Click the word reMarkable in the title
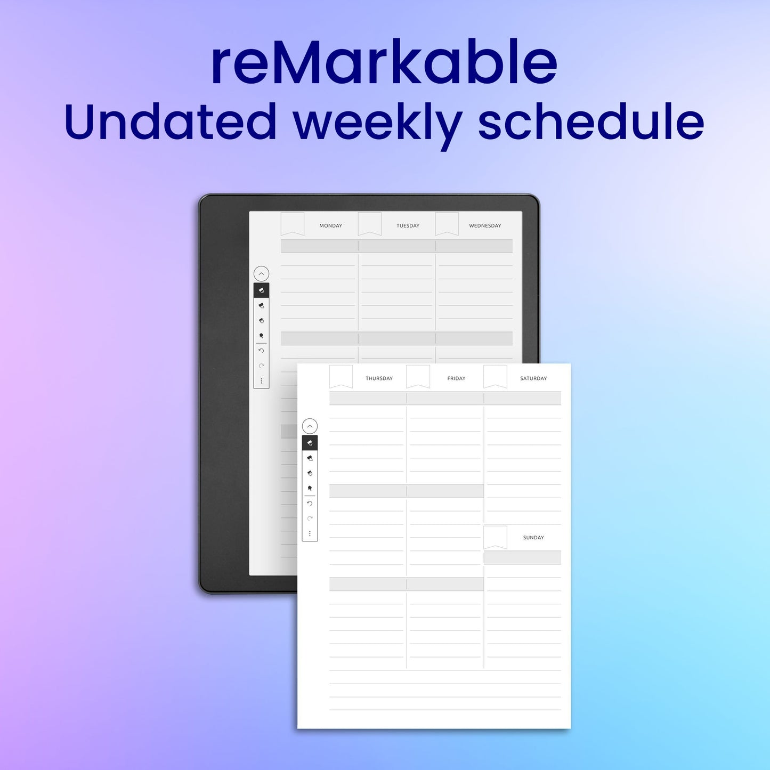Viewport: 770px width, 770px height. point(384,63)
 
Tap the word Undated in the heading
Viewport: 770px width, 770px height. point(170,122)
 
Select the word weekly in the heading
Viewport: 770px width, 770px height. point(378,124)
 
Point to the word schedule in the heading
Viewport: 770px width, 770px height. point(590,122)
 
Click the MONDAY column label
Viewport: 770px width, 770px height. point(330,226)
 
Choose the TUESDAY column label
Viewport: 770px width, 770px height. point(408,226)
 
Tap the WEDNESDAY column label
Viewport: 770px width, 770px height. point(485,226)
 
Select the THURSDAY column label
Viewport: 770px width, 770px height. point(379,378)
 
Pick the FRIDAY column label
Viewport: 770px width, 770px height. point(456,378)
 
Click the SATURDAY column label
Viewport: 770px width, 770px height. point(533,378)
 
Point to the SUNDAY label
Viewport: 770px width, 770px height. point(533,538)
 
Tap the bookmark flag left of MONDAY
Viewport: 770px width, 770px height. point(293,223)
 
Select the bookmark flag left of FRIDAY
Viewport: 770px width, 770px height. point(418,376)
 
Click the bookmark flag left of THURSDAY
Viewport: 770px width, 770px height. point(341,376)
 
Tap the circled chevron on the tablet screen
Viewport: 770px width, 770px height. point(261,274)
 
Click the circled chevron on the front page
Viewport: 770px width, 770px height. point(310,426)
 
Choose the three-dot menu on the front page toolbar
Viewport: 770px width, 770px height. point(310,533)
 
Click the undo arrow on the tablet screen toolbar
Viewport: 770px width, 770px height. point(261,351)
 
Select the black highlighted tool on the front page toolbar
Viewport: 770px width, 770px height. point(310,443)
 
